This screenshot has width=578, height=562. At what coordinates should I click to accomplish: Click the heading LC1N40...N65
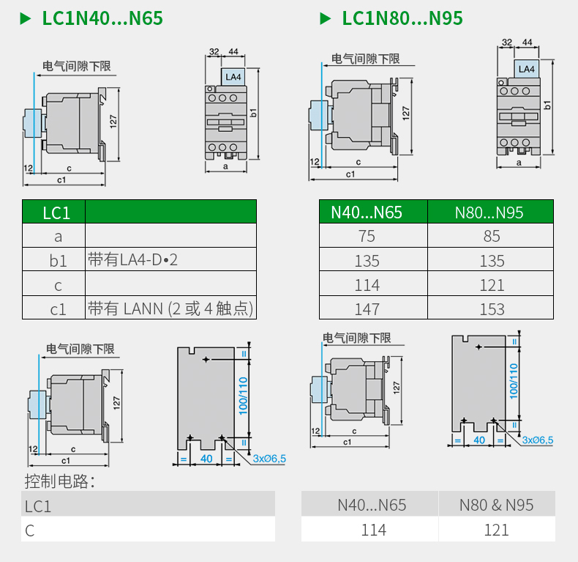[102, 18]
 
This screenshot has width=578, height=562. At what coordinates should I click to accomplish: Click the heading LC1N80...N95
[402, 18]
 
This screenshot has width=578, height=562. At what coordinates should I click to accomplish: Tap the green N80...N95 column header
[489, 212]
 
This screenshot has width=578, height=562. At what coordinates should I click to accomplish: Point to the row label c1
[58, 309]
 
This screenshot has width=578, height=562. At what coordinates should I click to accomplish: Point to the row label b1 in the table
[58, 260]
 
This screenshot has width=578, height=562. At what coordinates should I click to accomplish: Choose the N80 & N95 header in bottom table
[496, 505]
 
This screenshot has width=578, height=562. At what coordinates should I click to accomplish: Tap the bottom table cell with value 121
[496, 529]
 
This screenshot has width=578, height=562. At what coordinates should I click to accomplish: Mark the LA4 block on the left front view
[233, 76]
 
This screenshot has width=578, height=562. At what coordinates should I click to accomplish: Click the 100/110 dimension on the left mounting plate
[244, 396]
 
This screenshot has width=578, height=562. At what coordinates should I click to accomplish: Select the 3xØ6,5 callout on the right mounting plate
[538, 440]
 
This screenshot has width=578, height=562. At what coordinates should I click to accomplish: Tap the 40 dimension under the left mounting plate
[206, 458]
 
